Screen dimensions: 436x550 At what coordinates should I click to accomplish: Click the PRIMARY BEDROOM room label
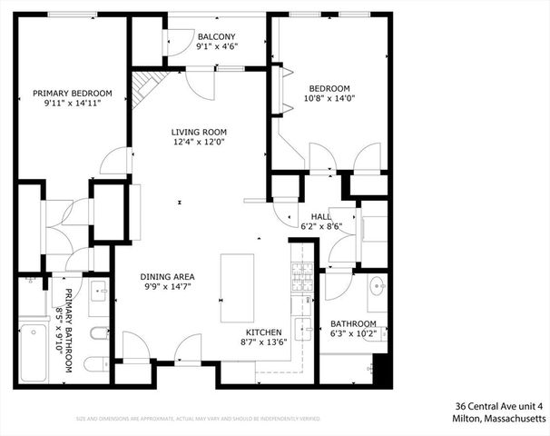pos(73,93)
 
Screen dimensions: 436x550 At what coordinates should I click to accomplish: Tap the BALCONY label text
pos(199,37)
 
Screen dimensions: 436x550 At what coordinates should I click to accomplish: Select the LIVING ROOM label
pos(198,132)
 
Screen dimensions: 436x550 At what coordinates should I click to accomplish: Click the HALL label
pos(321,216)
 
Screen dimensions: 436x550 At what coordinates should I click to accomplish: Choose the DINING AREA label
pos(167,276)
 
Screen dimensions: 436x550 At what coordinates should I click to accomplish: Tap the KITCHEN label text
pos(263,332)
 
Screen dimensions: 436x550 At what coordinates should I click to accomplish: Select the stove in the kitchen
pos(300,278)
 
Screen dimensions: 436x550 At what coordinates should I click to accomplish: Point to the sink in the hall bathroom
pos(378,292)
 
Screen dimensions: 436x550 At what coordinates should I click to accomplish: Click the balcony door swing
pos(177,42)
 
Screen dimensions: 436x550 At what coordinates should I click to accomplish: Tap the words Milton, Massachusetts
pos(498,419)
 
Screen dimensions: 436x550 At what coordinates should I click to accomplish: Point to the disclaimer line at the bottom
pos(197,419)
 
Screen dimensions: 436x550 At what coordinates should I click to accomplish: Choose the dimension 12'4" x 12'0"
pos(198,142)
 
